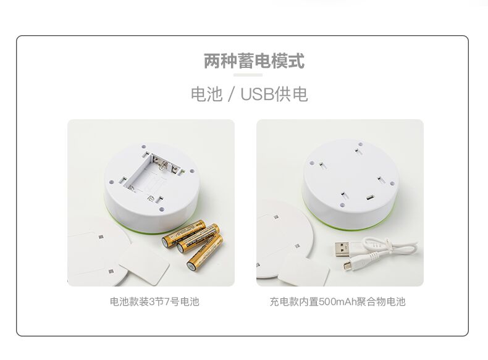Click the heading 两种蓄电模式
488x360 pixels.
pos(254,61)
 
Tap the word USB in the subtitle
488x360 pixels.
pos(256,94)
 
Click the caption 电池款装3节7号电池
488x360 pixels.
pos(154,301)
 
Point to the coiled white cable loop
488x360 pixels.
pos(389,245)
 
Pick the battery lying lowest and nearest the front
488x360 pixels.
pos(205,253)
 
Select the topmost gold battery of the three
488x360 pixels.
pos(183,233)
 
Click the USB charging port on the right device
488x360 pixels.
pos(370,198)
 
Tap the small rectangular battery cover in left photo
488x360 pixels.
pos(144,264)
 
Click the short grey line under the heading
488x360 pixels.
pos(248,75)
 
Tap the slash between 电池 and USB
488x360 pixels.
pos(230,94)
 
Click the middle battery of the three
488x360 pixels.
pos(198,238)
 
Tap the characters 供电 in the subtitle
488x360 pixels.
pos(291,94)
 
